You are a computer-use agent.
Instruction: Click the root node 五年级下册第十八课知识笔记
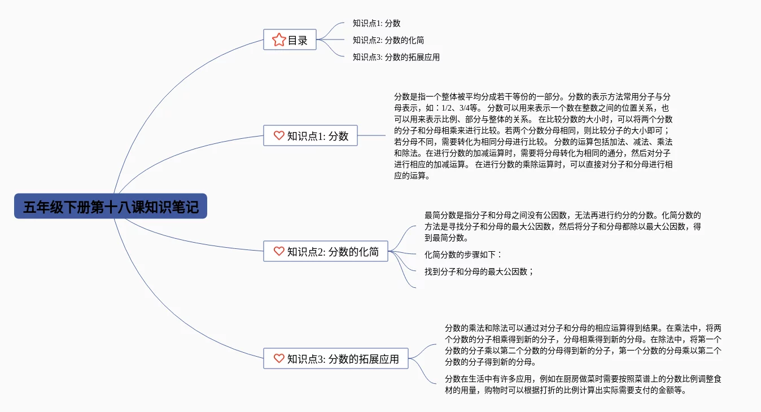click(x=111, y=207)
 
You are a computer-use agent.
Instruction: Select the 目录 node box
click(x=290, y=40)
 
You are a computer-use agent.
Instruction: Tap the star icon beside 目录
click(x=279, y=40)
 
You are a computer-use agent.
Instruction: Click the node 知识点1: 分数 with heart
click(x=310, y=135)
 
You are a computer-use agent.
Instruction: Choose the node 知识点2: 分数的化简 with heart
click(x=326, y=251)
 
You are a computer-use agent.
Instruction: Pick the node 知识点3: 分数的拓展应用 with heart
click(x=336, y=358)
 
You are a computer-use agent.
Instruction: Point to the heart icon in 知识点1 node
click(x=279, y=135)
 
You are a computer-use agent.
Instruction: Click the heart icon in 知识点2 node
click(x=279, y=251)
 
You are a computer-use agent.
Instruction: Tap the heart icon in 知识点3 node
click(x=279, y=358)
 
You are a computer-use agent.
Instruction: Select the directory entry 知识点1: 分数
click(x=377, y=23)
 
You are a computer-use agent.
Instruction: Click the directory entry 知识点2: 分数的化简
click(x=388, y=40)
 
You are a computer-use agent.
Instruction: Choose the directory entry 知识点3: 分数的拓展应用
click(x=396, y=57)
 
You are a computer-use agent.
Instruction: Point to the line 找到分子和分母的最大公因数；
click(x=479, y=271)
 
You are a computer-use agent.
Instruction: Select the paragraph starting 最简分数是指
click(x=563, y=226)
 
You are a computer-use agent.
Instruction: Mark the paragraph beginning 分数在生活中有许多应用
click(x=583, y=384)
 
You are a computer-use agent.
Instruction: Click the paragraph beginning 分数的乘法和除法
click(x=583, y=345)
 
